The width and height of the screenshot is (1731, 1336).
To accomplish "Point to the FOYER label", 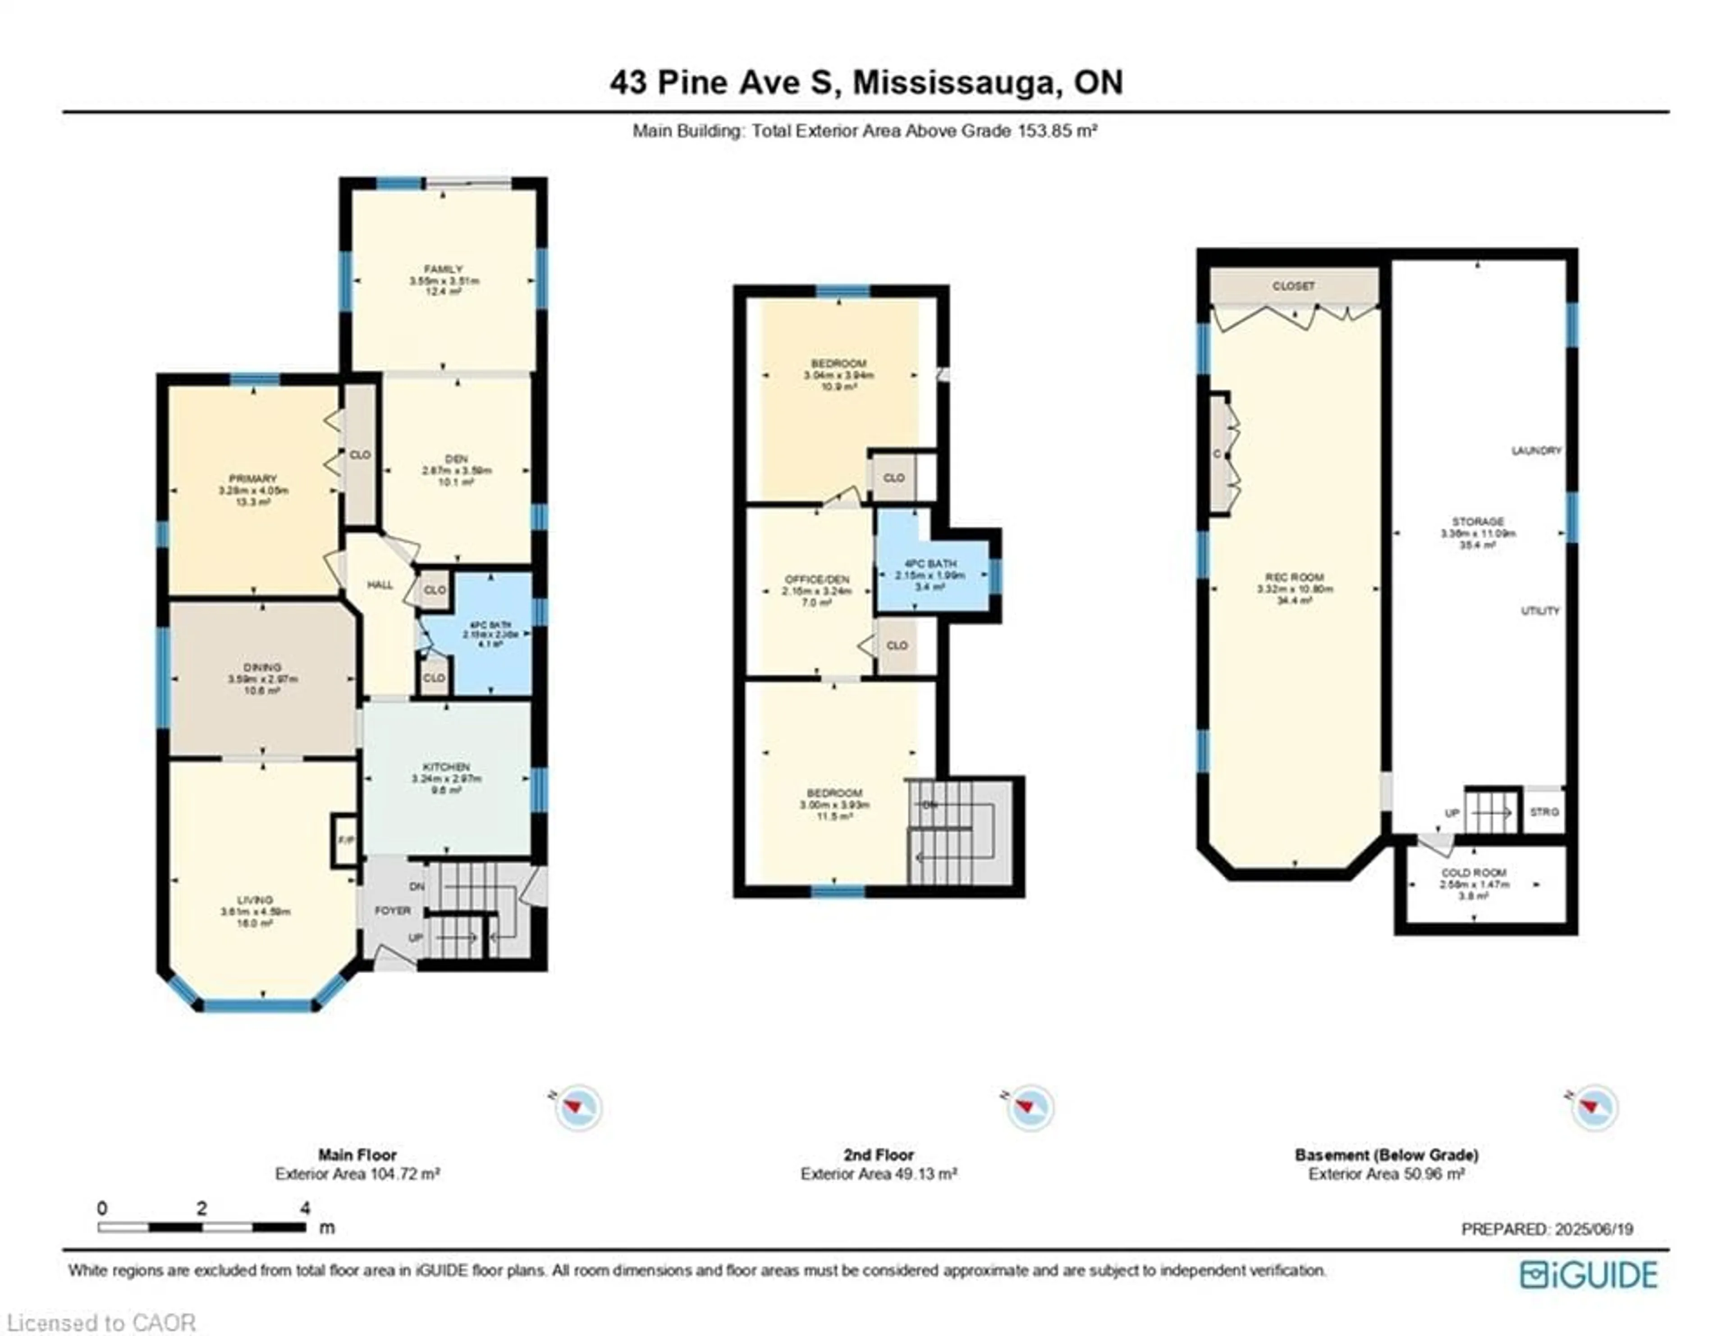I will tap(392, 910).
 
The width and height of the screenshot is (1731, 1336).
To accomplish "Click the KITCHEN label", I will tap(446, 767).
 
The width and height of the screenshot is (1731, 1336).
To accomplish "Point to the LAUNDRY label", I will tap(1536, 450).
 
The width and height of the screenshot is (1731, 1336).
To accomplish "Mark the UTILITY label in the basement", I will tap(1540, 611).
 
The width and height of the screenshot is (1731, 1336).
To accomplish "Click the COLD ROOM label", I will tap(1474, 873).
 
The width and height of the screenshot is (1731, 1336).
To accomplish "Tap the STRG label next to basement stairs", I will tap(1544, 812).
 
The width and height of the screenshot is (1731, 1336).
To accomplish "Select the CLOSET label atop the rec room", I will tap(1293, 286).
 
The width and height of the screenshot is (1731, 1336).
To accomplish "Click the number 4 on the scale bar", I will tap(305, 1208).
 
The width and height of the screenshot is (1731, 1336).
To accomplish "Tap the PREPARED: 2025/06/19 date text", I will tap(1547, 1229).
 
